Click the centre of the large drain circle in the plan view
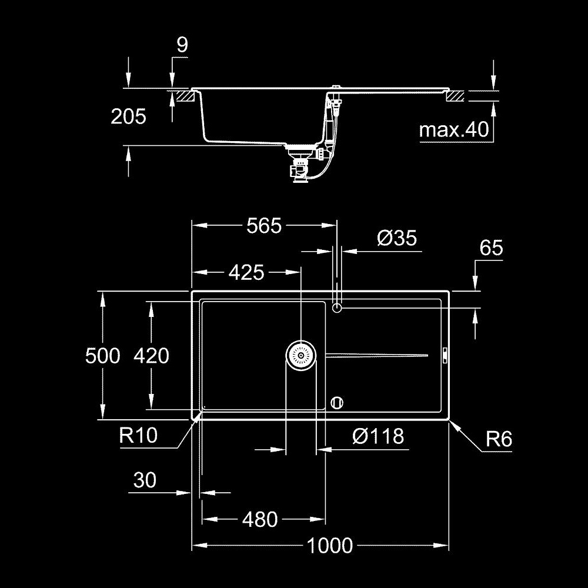pyautogui.click(x=300, y=355)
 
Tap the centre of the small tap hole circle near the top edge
pyautogui.click(x=337, y=308)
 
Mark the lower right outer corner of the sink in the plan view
pyautogui.click(x=449, y=420)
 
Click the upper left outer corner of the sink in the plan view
pyautogui.click(x=192, y=291)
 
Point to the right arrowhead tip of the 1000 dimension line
pyautogui.click(x=449, y=545)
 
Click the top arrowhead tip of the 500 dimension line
pyautogui.click(x=102, y=292)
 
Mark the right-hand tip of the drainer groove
pyautogui.click(x=428, y=355)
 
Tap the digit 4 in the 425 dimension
pyautogui.click(x=235, y=272)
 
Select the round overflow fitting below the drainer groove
pyautogui.click(x=337, y=403)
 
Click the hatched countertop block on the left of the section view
pyautogui.click(x=185, y=95)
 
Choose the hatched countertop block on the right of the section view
pyautogui.click(x=455, y=96)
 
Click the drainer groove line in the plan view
pyautogui.click(x=376, y=355)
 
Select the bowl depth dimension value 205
pyautogui.click(x=128, y=116)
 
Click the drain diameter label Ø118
pyautogui.click(x=378, y=436)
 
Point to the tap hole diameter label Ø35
pyautogui.click(x=397, y=238)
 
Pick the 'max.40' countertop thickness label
pyautogui.click(x=454, y=129)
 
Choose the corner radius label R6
pyautogui.click(x=499, y=439)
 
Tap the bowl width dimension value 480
pyautogui.click(x=260, y=520)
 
